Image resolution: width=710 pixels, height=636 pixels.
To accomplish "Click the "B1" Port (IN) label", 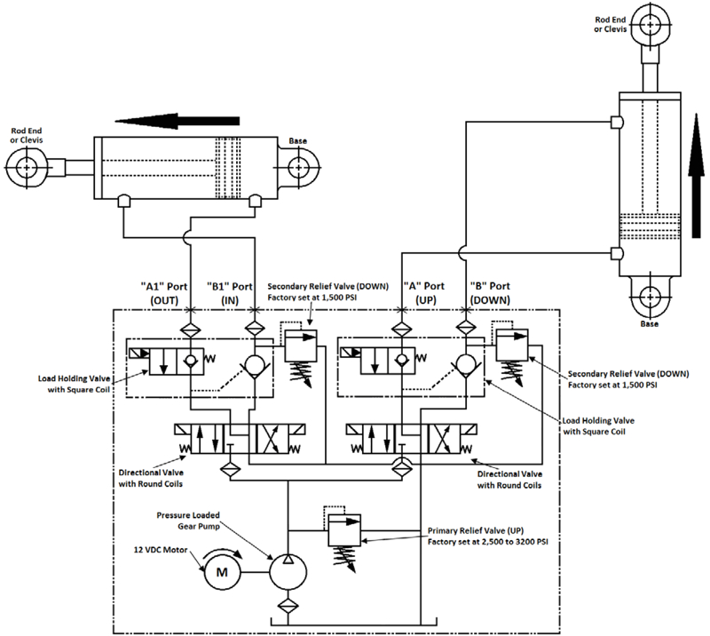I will (232, 293).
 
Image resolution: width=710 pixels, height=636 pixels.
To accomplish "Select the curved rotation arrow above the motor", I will (218, 551).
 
